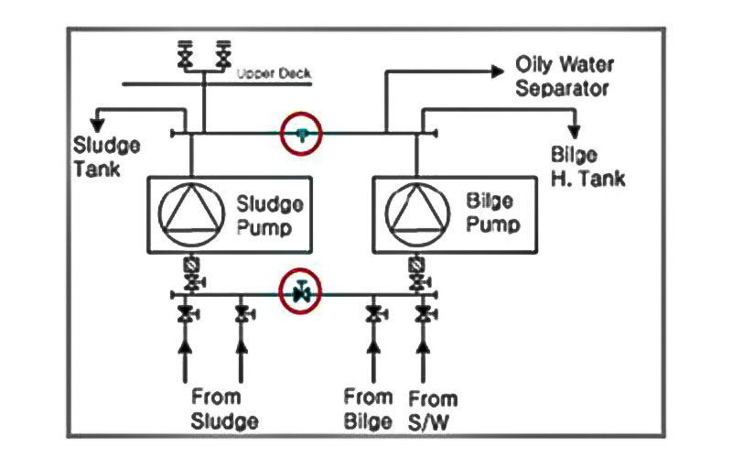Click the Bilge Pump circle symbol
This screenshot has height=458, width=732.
pyautogui.click(x=416, y=213)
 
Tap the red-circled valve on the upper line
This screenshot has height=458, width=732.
pyautogui.click(x=303, y=134)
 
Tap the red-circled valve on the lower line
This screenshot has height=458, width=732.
pyautogui.click(x=301, y=294)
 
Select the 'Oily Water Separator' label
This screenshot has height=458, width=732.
pyautogui.click(x=562, y=78)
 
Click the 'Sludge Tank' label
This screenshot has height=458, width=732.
pyautogui.click(x=108, y=158)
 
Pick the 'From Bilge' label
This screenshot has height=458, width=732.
pyautogui.click(x=369, y=409)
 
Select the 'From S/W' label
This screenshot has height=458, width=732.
pyautogui.click(x=433, y=409)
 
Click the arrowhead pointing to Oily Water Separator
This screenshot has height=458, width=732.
pyautogui.click(x=498, y=69)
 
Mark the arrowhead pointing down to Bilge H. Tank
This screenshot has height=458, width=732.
pyautogui.click(x=576, y=129)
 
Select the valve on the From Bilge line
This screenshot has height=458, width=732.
pyautogui.click(x=373, y=316)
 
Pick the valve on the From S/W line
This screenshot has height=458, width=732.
pyautogui.click(x=422, y=316)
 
